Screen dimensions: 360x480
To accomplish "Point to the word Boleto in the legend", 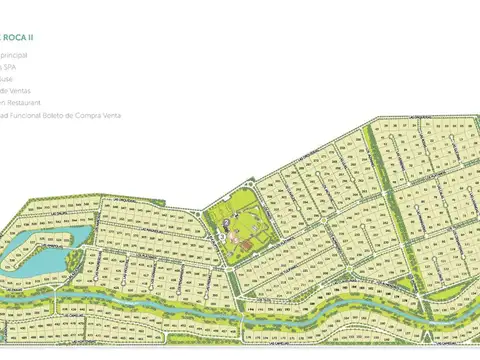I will [67, 114].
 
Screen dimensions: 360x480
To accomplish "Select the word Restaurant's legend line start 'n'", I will [3, 102].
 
